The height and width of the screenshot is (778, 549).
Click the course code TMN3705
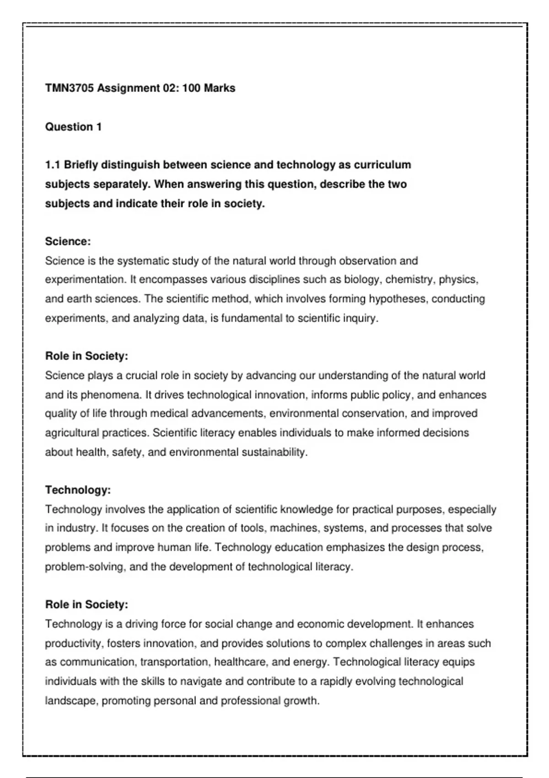point(69,88)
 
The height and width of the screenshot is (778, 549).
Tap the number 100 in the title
point(191,88)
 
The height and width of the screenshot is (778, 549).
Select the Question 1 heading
point(73,127)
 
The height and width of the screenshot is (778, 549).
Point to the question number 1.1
point(53,165)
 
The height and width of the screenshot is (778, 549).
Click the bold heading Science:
point(68,242)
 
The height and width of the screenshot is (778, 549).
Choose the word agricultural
point(72,433)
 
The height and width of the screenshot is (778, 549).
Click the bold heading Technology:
point(78,490)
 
